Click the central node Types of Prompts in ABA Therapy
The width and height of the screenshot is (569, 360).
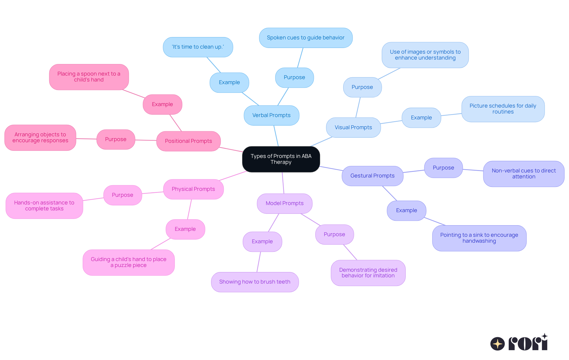pyautogui.click(x=281, y=159)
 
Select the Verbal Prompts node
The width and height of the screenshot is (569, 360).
pyautogui.click(x=271, y=115)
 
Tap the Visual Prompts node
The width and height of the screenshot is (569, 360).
pyautogui.click(x=353, y=127)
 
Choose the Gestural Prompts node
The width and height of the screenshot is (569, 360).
pyautogui.click(x=373, y=176)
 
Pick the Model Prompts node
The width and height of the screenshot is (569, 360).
pyautogui.click(x=284, y=203)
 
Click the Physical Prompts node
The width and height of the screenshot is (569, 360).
pyautogui.click(x=193, y=189)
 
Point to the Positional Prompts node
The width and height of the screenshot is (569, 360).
pyautogui.click(x=188, y=141)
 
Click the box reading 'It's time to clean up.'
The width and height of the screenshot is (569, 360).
pyautogui.click(x=198, y=47)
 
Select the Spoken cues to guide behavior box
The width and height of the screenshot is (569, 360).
pyautogui.click(x=306, y=38)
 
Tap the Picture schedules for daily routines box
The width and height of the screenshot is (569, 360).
pyautogui.click(x=503, y=109)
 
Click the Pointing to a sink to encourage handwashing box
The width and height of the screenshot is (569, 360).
pyautogui.click(x=479, y=238)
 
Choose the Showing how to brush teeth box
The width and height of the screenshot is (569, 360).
pyautogui.click(x=255, y=282)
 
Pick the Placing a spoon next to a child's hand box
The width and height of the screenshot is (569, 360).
pyautogui.click(x=89, y=77)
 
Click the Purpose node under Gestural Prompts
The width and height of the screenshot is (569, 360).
pyautogui.click(x=443, y=168)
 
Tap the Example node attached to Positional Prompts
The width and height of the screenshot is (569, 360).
pyautogui.click(x=162, y=104)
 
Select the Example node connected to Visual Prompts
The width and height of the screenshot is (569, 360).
pyautogui.click(x=421, y=118)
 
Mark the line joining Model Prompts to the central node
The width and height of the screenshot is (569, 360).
pyautogui.click(x=283, y=183)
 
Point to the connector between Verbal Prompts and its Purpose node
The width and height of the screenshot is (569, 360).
pyautogui.click(x=283, y=97)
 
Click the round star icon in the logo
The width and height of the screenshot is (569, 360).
pyautogui.click(x=498, y=344)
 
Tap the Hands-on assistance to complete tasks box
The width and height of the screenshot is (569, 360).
pyautogui.click(x=44, y=206)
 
